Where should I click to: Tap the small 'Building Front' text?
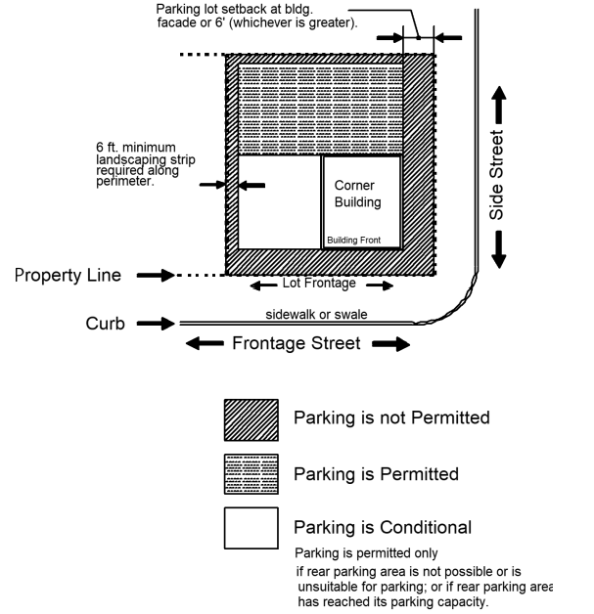click(360, 240)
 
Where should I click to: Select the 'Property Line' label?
click(68, 276)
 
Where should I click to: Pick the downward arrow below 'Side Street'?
click(497, 248)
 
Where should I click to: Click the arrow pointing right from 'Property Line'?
click(152, 276)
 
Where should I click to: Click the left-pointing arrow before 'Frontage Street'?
click(205, 343)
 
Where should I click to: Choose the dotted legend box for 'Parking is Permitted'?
click(251, 473)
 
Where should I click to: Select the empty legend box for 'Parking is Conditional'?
click(251, 528)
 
